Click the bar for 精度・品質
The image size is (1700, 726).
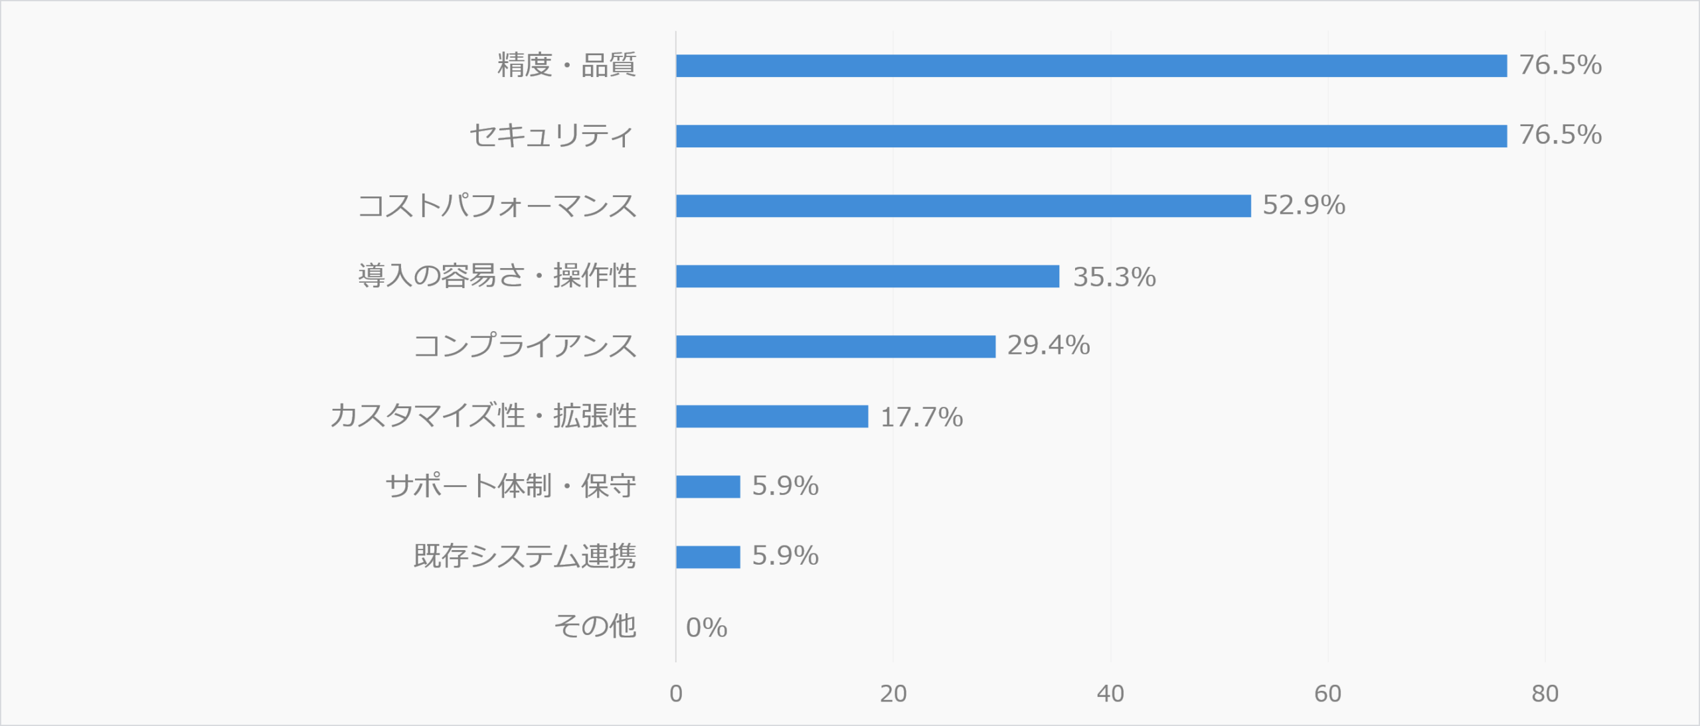1091,66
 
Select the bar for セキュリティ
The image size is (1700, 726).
1091,136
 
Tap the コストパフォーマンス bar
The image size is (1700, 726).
963,206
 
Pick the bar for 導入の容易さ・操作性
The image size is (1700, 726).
867,276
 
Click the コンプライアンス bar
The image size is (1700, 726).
835,346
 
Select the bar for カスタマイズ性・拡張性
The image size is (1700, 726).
772,417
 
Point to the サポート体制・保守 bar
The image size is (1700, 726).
708,486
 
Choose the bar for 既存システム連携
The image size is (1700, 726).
708,557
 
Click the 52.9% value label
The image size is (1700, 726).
1304,205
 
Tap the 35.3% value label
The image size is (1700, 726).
1114,277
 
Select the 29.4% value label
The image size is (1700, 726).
1049,345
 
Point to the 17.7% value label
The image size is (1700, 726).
921,417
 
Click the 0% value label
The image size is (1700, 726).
707,628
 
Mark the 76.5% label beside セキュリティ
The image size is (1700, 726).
1561,135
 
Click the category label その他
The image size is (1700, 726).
595,626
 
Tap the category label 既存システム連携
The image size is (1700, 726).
525,556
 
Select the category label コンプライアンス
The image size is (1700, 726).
525,346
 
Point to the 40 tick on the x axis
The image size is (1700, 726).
1110,693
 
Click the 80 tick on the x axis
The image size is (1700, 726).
1545,693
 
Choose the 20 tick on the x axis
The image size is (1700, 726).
893,693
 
